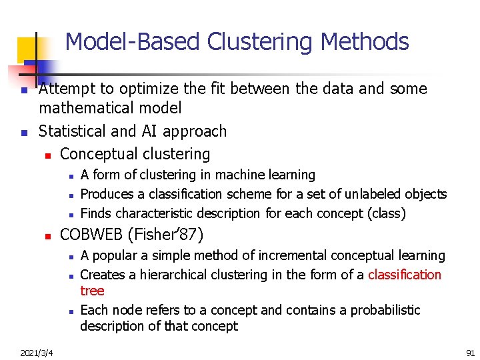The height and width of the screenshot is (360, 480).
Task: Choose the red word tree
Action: point(92,291)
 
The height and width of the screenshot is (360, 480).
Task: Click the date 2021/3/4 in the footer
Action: point(37,351)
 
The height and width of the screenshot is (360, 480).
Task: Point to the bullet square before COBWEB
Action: point(47,236)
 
